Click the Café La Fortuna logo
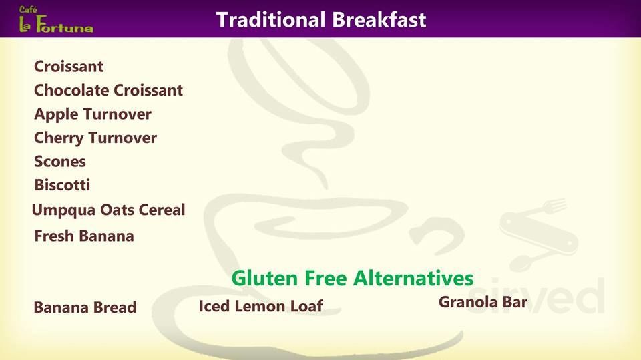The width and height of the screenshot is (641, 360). (x=56, y=19)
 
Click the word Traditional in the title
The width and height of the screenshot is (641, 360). (x=270, y=19)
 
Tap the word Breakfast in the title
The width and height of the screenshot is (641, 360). (x=379, y=19)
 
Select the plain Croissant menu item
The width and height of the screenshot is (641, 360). (x=69, y=66)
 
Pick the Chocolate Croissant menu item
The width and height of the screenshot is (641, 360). (x=108, y=90)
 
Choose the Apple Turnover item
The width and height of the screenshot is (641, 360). (x=93, y=114)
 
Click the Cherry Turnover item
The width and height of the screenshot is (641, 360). (x=95, y=138)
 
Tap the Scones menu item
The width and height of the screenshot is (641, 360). (x=59, y=161)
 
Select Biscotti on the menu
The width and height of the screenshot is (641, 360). (x=62, y=185)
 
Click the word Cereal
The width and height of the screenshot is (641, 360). (x=162, y=210)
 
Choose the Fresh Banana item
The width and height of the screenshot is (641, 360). (x=84, y=236)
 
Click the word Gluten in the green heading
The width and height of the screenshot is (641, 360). (x=264, y=278)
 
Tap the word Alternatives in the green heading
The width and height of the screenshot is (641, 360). (x=413, y=278)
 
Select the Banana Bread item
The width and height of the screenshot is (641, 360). (x=85, y=307)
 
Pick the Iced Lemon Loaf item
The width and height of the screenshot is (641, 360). (x=261, y=306)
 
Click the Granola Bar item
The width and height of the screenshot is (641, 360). (x=483, y=302)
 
